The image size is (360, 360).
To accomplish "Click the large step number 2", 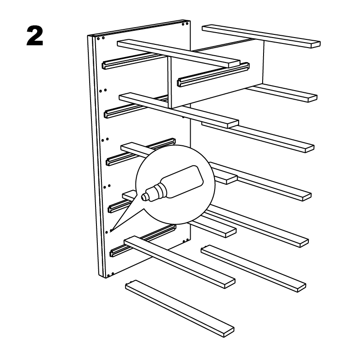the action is coord(35,36).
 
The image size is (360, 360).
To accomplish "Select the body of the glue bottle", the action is coord(182,182).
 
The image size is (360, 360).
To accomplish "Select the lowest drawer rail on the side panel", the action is coord(143,240).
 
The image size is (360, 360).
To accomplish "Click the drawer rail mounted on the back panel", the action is coord(213,74).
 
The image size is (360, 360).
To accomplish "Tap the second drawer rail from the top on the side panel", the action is coord(136,107).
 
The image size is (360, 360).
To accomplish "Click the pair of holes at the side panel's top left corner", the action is coord(101,38).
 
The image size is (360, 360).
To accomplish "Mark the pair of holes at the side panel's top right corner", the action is coord(185,24).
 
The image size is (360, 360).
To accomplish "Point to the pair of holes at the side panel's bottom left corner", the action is coord(110,274).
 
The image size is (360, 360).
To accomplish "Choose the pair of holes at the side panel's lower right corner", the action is coord(186,241).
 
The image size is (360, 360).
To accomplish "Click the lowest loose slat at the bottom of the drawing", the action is coord(180,308).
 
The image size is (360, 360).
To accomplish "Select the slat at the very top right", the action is coord(261,36).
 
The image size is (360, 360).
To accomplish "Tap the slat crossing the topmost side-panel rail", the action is coord(178,53).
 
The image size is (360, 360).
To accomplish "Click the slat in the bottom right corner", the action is coord(254,269).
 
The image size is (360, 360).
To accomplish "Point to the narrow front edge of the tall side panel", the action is coord(96,156).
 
